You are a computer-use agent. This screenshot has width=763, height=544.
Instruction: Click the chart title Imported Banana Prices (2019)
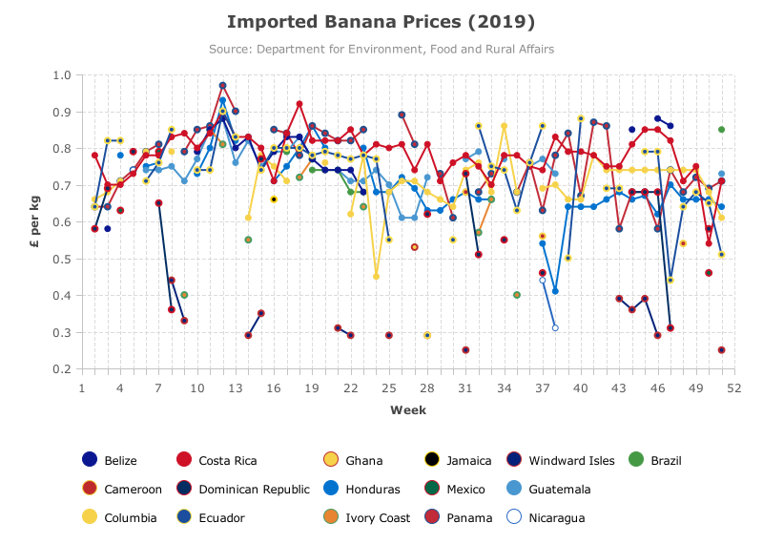click(x=381, y=22)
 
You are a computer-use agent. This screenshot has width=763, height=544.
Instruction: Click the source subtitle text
click(x=381, y=50)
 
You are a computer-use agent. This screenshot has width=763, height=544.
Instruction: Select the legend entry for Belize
click(x=110, y=460)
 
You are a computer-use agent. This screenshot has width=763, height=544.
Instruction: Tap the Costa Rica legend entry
click(x=217, y=460)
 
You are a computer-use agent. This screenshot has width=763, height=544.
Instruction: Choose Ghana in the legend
click(x=353, y=460)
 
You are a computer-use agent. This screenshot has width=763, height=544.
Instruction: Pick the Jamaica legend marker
click(x=431, y=460)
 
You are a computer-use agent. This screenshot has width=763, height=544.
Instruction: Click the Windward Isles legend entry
click(x=561, y=460)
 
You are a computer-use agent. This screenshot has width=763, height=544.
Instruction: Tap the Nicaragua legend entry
click(x=546, y=517)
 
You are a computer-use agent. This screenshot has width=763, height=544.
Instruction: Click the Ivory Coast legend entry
click(x=367, y=517)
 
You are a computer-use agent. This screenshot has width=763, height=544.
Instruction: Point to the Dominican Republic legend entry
click(x=243, y=489)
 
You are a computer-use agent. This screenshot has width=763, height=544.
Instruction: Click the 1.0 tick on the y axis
click(x=62, y=75)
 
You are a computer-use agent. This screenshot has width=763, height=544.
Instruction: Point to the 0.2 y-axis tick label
click(x=62, y=369)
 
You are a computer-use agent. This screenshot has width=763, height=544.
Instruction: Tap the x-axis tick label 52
click(x=734, y=388)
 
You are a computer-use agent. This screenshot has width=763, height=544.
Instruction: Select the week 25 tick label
click(x=389, y=388)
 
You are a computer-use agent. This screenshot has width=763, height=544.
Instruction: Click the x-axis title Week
click(x=408, y=410)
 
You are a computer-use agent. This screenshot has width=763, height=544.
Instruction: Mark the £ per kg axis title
click(x=34, y=221)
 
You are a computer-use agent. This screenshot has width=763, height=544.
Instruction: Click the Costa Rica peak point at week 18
click(x=299, y=104)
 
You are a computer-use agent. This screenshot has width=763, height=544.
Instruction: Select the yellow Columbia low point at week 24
click(x=376, y=277)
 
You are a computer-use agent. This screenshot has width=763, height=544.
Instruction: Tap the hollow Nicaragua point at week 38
click(x=555, y=327)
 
